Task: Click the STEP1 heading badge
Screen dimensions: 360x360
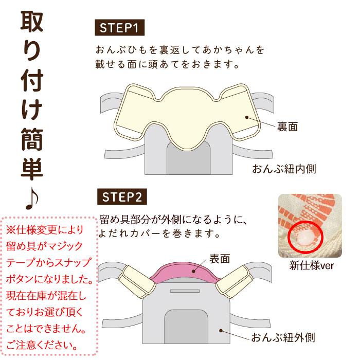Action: tap(121, 27)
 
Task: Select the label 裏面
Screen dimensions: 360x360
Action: tap(287, 126)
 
